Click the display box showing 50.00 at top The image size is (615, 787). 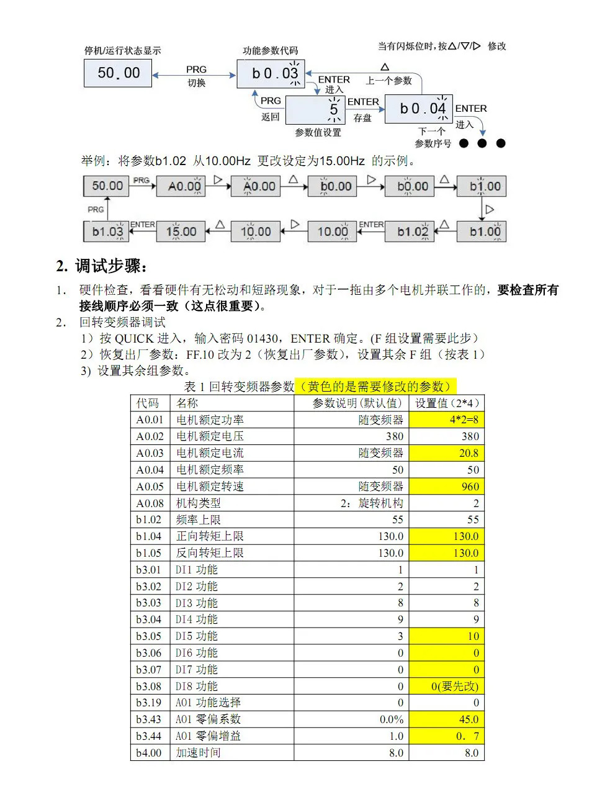[x=119, y=73]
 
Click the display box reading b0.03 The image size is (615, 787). [x=272, y=74]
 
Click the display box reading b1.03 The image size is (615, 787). [x=107, y=232]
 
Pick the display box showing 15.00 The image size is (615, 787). [x=181, y=232]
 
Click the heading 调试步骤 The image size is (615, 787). [x=112, y=267]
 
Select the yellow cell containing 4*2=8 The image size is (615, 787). [x=446, y=420]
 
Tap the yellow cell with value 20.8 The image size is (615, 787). [x=446, y=453]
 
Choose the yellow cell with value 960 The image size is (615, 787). [x=446, y=487]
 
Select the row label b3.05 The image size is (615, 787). [x=149, y=636]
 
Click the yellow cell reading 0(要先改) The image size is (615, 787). [x=446, y=686]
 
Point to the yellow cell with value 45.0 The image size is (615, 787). [x=446, y=719]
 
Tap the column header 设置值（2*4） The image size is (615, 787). [x=446, y=403]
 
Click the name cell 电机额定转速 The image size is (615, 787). [x=210, y=487]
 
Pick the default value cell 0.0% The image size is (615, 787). [x=391, y=719]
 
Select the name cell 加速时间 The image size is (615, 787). [x=198, y=753]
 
